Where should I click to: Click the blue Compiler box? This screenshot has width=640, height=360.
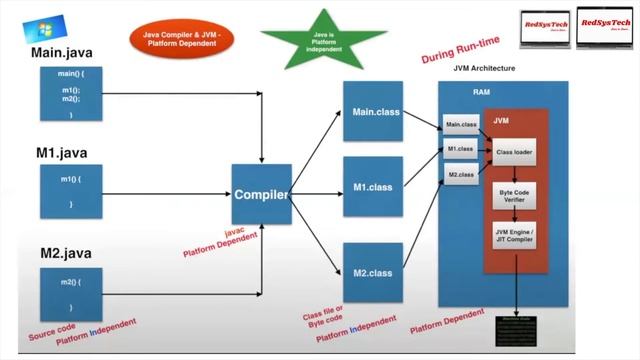click(x=262, y=194)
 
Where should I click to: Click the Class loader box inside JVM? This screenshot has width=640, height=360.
click(x=519, y=152)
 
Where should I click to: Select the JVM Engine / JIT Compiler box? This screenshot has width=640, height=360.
click(x=519, y=237)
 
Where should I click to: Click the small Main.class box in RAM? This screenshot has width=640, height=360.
click(x=461, y=125)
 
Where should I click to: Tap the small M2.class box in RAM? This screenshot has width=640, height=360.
click(x=460, y=175)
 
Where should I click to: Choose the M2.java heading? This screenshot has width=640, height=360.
click(x=65, y=253)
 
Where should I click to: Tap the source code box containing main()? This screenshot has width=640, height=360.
click(x=70, y=96)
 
